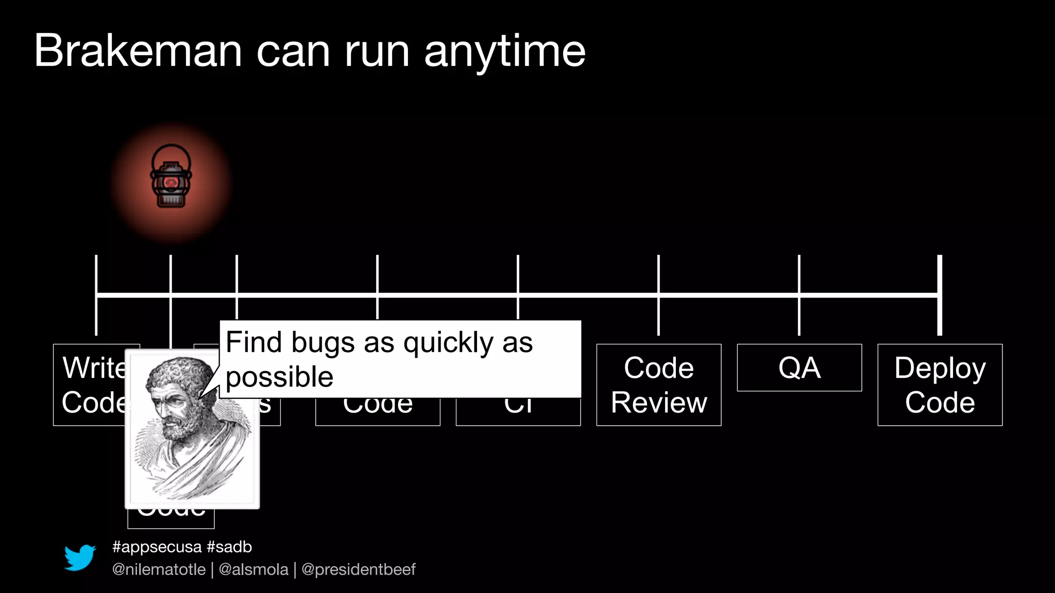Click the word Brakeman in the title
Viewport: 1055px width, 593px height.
tap(138, 51)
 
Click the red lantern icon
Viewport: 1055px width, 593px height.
tap(171, 177)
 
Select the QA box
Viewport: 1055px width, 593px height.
tap(799, 368)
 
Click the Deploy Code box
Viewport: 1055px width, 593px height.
tap(940, 385)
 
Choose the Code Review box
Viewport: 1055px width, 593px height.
tap(658, 385)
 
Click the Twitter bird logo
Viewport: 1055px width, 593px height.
tap(80, 557)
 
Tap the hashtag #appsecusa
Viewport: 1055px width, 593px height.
tap(157, 547)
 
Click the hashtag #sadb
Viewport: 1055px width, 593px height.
tap(229, 547)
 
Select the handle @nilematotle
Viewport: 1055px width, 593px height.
tap(159, 569)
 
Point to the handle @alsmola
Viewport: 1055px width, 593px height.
tap(253, 569)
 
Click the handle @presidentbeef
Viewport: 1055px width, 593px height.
tap(358, 569)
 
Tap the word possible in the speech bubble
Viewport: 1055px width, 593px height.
tap(279, 377)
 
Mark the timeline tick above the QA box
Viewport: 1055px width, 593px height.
tap(799, 295)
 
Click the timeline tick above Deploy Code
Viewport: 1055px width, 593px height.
tap(940, 295)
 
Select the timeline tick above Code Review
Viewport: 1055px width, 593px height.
tap(658, 295)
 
